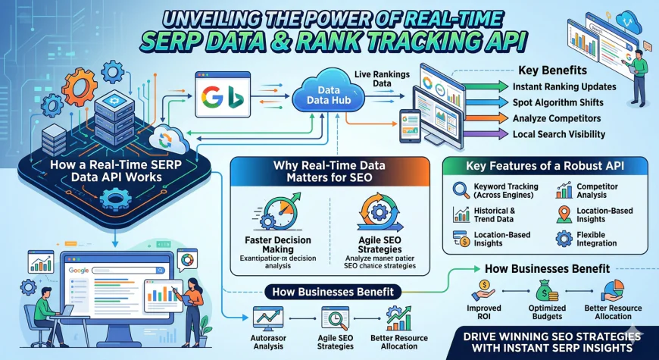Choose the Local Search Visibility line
coord(559,134)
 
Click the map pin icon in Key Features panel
coord(564,214)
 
